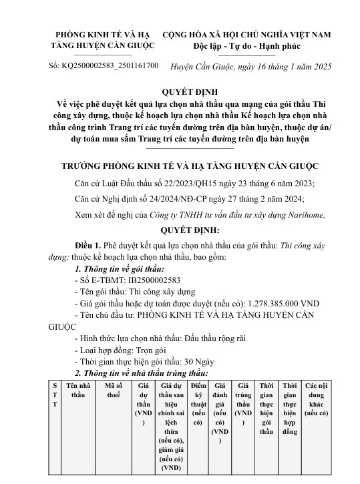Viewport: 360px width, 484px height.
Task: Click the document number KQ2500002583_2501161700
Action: (113, 66)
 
